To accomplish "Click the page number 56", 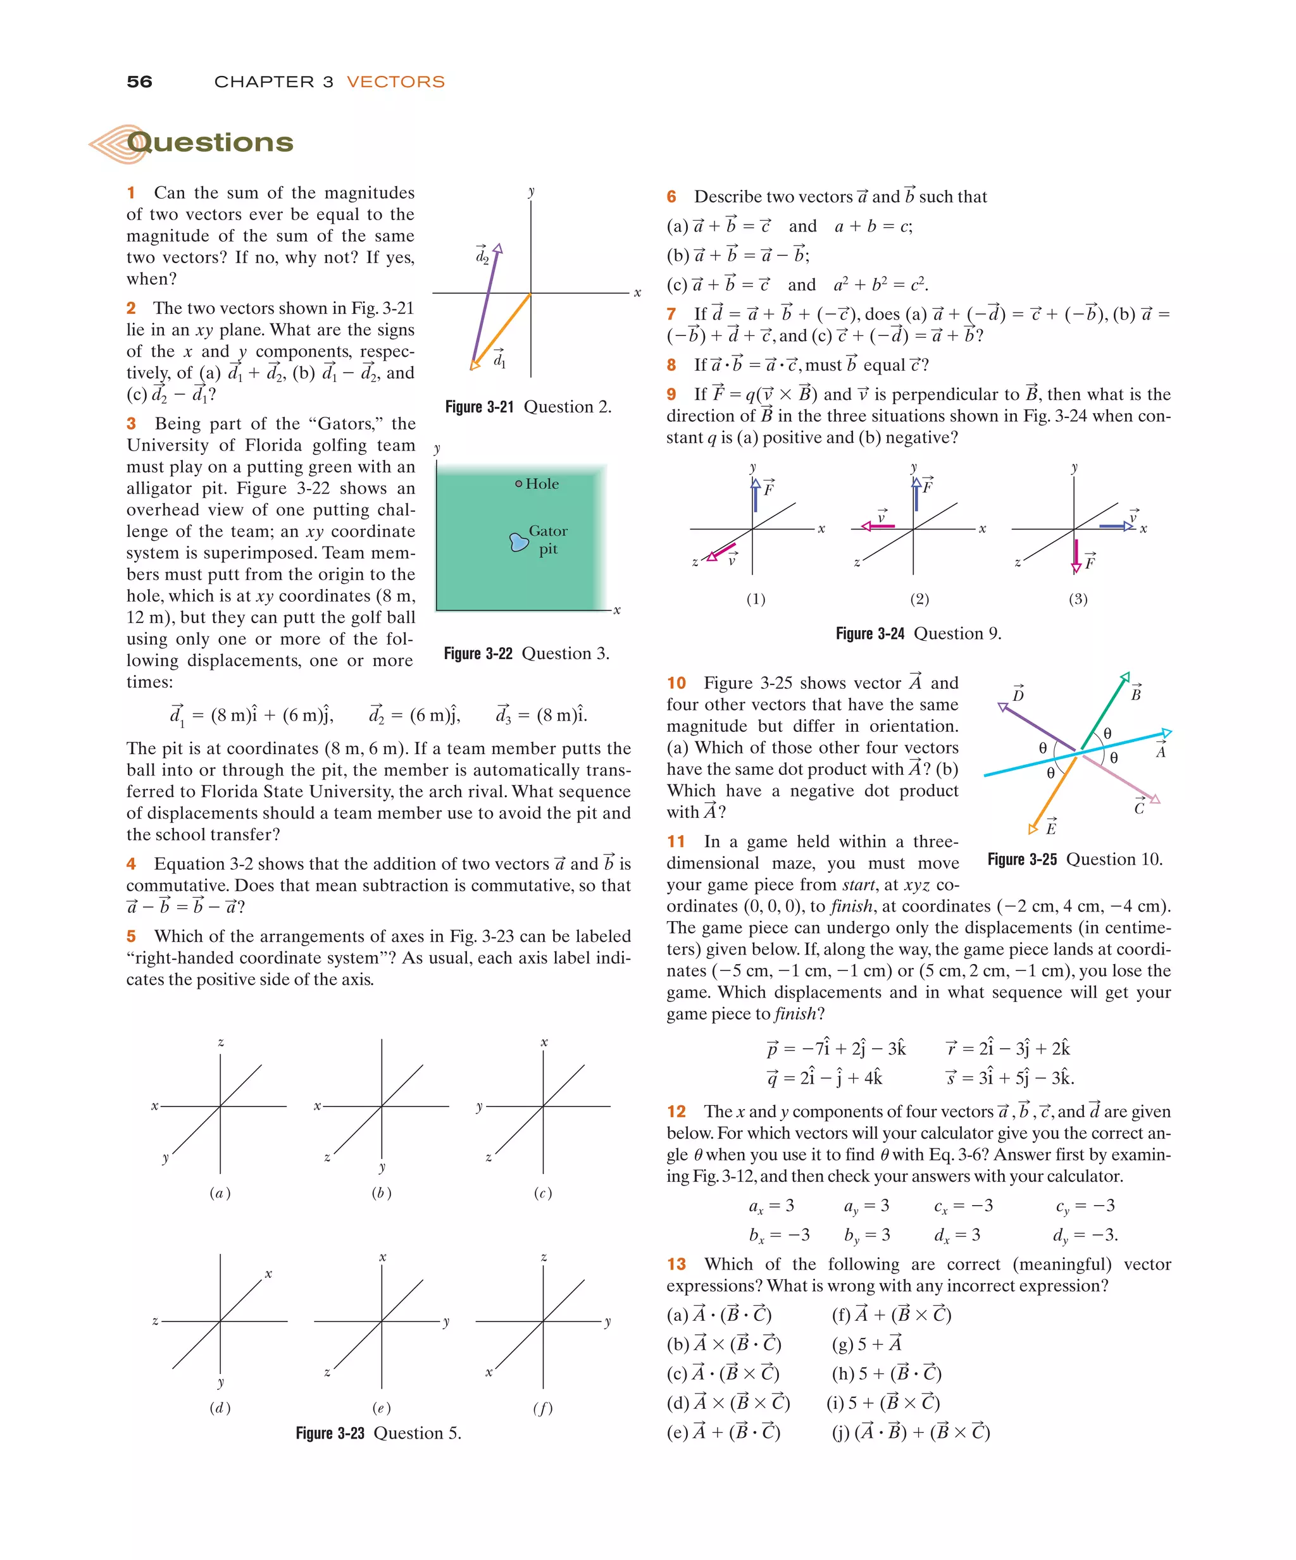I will pos(139,82).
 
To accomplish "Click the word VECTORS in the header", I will pos(396,82).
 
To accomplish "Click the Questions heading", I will pos(209,142).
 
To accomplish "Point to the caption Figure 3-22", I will pos(478,653).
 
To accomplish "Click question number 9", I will pos(671,395).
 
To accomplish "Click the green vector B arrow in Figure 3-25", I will pos(1104,709).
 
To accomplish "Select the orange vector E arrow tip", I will pos(1033,828).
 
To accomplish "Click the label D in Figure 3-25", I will pos(1018,695).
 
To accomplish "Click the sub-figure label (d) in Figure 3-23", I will pos(220,1408).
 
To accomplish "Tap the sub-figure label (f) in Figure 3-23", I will pos(542,1408).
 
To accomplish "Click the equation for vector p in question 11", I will pos(836,1048).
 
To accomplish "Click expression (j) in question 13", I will pos(911,1432).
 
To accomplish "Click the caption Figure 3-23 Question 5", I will pos(378,1433).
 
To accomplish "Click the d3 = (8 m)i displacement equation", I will pos(541,715).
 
